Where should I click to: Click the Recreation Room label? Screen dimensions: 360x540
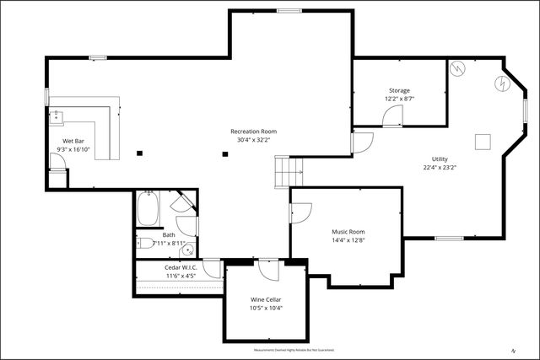(x=254, y=132)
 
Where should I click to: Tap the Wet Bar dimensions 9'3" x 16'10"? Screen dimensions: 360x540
(x=73, y=149)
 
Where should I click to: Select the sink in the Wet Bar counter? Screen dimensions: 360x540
(x=57, y=116)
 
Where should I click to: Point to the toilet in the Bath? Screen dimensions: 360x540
(x=145, y=244)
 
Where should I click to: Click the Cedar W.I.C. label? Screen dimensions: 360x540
(x=180, y=266)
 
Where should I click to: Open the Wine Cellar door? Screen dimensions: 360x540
(x=269, y=270)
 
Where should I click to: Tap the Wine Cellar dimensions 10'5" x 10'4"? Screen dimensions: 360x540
(x=266, y=308)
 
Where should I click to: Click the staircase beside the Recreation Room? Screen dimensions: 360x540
(x=289, y=173)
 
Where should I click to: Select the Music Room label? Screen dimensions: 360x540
(x=348, y=231)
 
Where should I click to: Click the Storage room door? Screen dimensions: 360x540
(x=392, y=117)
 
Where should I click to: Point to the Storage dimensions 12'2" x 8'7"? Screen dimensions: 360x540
(x=399, y=99)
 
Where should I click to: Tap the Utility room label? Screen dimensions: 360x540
(x=440, y=159)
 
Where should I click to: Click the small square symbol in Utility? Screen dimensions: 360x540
(x=483, y=141)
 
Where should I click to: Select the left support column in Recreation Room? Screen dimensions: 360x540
(x=140, y=153)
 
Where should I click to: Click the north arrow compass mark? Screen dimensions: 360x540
(x=512, y=350)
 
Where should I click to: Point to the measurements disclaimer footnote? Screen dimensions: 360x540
(x=294, y=350)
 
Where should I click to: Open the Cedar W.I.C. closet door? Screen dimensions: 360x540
(x=212, y=269)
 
